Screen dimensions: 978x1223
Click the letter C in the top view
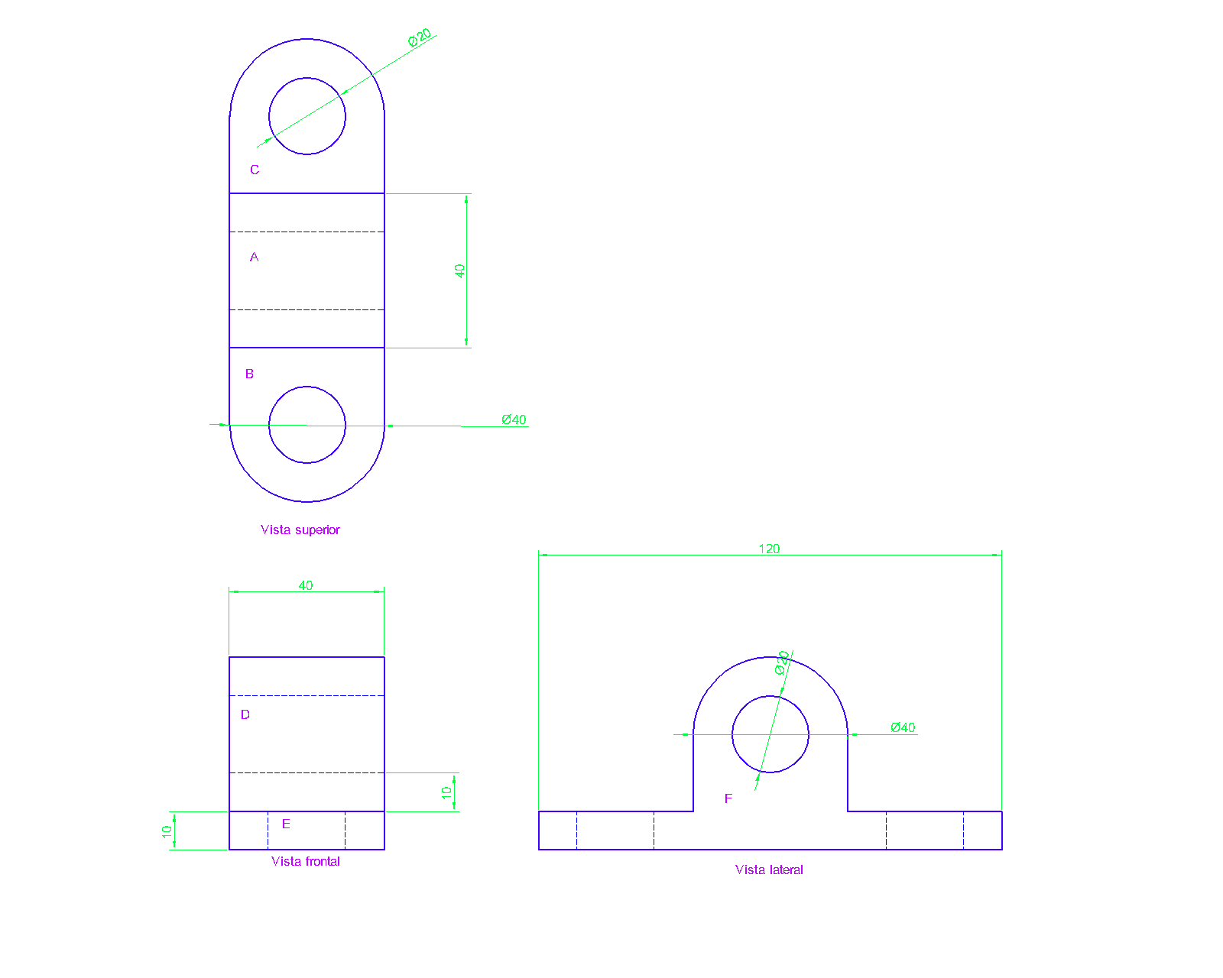(255, 170)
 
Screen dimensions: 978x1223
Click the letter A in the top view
(255, 257)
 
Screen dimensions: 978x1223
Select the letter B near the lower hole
(249, 374)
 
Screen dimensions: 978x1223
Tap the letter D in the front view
(245, 714)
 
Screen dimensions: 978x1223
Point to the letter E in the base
(286, 824)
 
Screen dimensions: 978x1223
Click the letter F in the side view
(728, 798)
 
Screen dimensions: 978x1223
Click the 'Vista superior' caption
(300, 529)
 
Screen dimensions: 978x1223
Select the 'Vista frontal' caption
(305, 861)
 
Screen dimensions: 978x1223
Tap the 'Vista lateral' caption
(769, 870)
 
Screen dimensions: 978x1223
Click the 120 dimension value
(769, 549)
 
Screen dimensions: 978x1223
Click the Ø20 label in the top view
(420, 37)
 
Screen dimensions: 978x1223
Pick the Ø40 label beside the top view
(514, 419)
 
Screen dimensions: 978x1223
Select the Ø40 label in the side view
(903, 727)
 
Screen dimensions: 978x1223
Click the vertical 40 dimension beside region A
(459, 270)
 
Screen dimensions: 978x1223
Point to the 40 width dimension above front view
(306, 585)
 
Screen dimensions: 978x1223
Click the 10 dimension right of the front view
(447, 793)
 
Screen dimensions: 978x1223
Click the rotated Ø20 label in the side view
(782, 662)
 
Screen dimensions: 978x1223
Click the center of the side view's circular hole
(770, 734)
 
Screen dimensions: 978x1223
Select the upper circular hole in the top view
(307, 116)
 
